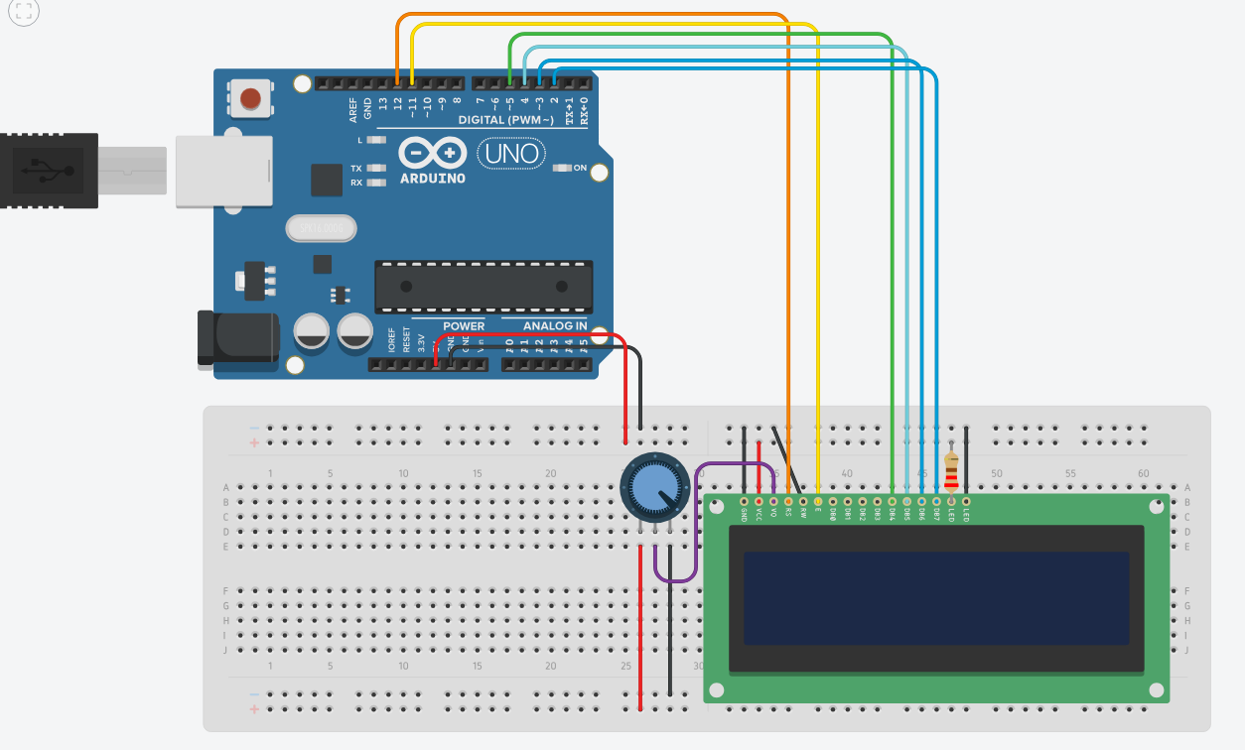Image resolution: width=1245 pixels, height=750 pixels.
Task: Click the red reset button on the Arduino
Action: (x=251, y=98)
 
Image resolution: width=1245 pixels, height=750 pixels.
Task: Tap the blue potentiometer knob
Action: (x=653, y=487)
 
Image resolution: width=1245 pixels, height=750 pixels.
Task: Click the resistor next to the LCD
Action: (x=952, y=473)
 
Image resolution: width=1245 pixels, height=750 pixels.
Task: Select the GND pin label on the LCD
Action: (x=744, y=514)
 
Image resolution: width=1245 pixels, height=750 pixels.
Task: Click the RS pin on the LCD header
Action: (x=787, y=502)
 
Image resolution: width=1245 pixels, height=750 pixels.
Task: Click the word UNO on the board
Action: (x=512, y=154)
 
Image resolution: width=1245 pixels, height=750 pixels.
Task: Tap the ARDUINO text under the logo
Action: (x=432, y=179)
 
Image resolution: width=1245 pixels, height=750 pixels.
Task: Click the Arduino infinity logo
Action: (x=433, y=154)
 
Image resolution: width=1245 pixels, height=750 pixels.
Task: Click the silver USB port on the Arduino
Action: (x=223, y=171)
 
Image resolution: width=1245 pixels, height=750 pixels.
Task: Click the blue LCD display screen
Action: (x=936, y=598)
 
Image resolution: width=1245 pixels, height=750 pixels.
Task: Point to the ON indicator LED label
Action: (x=580, y=168)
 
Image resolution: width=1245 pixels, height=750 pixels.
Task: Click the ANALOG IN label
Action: (x=554, y=326)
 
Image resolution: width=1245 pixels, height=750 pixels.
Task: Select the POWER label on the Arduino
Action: (x=464, y=326)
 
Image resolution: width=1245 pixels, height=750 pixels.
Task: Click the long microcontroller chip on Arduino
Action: (x=484, y=286)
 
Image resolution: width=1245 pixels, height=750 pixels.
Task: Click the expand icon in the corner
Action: (x=23, y=12)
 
